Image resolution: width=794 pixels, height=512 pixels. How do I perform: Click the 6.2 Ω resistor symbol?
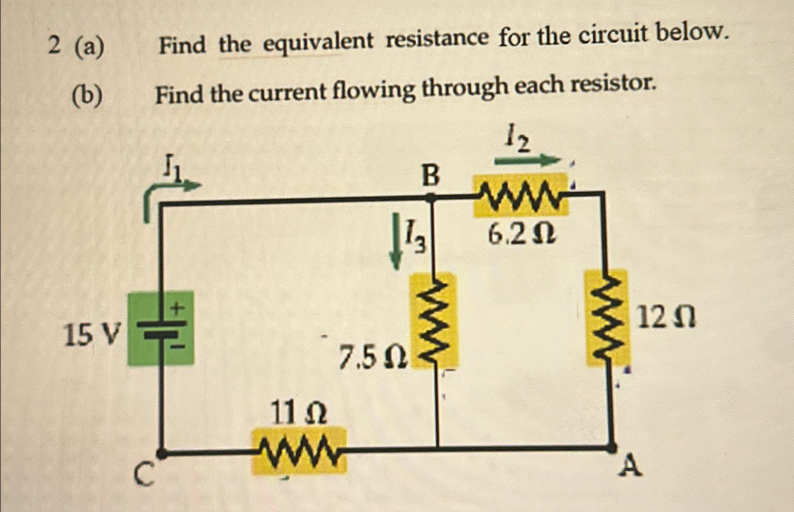pos(521,195)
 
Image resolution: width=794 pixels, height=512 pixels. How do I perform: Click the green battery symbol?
pos(161,328)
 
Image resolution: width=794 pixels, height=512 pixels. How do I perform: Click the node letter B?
pos(430,176)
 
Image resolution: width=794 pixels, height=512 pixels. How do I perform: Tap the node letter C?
pos(143,474)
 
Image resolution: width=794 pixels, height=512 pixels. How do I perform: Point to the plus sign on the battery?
pos(177,309)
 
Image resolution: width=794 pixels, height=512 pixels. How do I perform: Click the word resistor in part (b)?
pos(613,85)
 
